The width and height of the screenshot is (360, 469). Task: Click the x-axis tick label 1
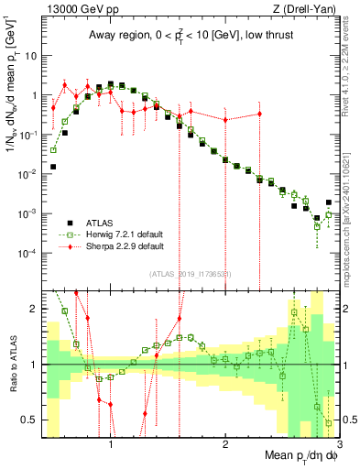(x=111, y=446)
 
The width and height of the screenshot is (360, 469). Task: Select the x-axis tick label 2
(x=225, y=446)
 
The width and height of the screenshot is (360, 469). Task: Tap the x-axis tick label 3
(x=338, y=446)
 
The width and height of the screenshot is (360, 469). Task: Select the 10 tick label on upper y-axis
(x=28, y=55)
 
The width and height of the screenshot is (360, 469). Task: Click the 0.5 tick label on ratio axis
(x=28, y=420)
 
